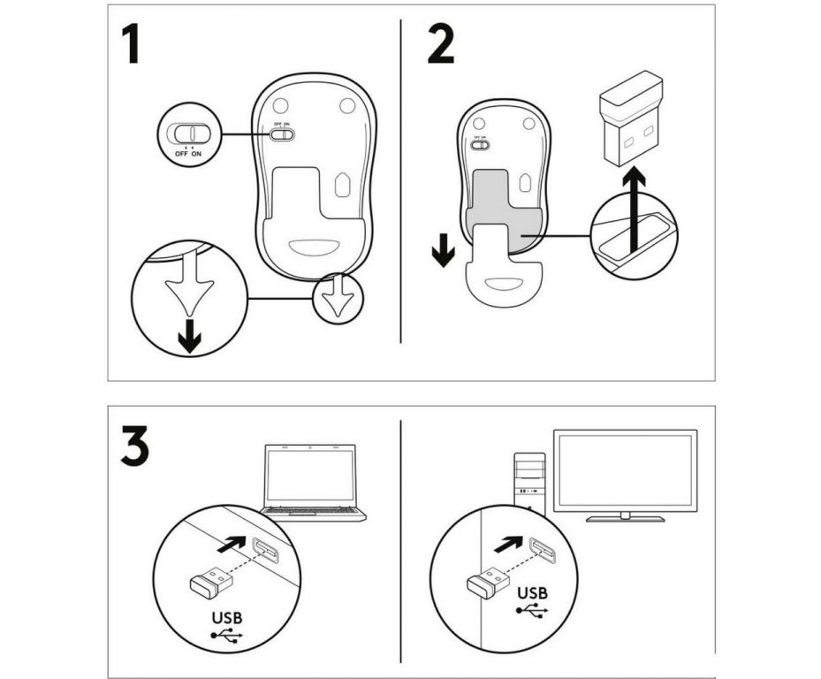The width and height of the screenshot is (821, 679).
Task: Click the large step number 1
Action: coord(131,43)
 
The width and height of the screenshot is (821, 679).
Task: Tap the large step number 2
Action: coord(440,43)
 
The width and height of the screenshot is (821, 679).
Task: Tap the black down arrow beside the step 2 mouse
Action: coord(444,250)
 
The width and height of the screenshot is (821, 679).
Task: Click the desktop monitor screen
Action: coord(625,469)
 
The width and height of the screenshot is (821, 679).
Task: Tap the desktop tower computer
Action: coord(528,483)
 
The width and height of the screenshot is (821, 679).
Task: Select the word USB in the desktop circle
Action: coord(530,592)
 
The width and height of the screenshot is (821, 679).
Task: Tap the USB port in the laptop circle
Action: coord(265,551)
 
